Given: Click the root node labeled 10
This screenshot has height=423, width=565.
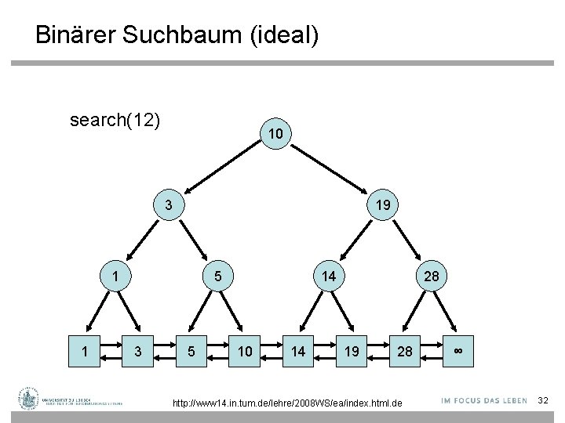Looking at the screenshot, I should (x=274, y=135).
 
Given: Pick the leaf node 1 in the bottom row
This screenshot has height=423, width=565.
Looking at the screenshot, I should (x=86, y=352).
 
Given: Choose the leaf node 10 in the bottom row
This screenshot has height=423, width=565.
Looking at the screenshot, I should (x=246, y=352).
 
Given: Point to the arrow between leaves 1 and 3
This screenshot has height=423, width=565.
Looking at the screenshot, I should (x=112, y=352).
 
